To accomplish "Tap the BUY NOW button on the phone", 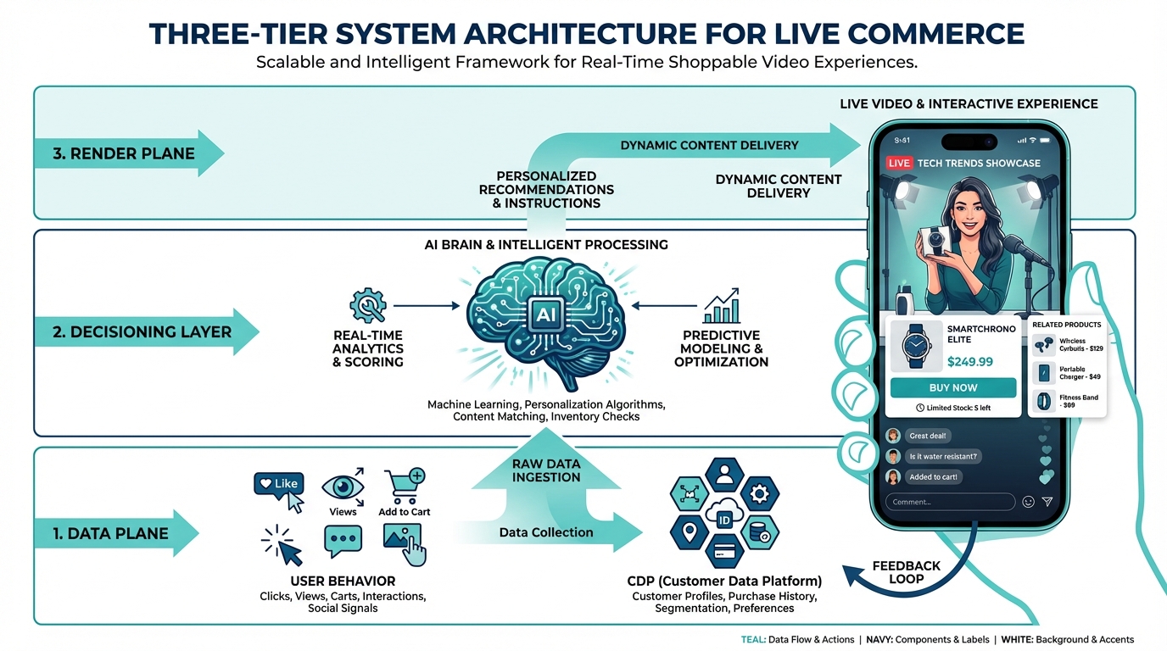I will [x=952, y=387].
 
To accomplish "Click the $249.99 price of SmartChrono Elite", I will [x=969, y=362].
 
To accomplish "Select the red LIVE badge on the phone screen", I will [x=899, y=163].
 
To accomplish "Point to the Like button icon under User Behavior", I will [x=277, y=484].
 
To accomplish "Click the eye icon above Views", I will [x=343, y=487].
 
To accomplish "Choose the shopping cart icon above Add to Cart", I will [x=402, y=486].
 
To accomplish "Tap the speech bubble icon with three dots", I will [x=343, y=540].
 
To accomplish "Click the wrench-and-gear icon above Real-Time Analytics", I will [x=368, y=305].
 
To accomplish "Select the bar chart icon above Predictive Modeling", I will [x=721, y=307].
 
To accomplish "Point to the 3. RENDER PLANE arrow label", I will [x=125, y=153].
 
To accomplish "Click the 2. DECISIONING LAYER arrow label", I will [x=142, y=331].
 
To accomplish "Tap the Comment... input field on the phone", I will [x=949, y=502].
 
